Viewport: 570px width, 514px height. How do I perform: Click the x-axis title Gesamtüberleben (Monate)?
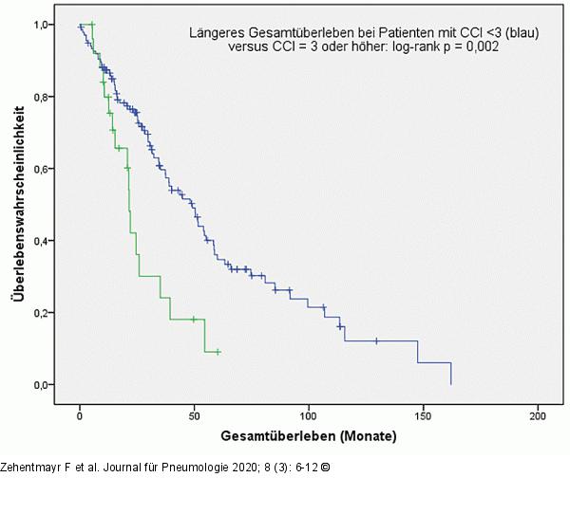(x=309, y=437)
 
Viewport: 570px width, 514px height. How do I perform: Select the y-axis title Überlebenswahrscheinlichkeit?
(x=18, y=204)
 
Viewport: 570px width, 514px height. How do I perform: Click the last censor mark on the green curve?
(x=218, y=352)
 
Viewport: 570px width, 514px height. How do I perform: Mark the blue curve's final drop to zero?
(x=450, y=374)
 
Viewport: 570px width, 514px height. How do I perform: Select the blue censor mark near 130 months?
(x=376, y=340)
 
